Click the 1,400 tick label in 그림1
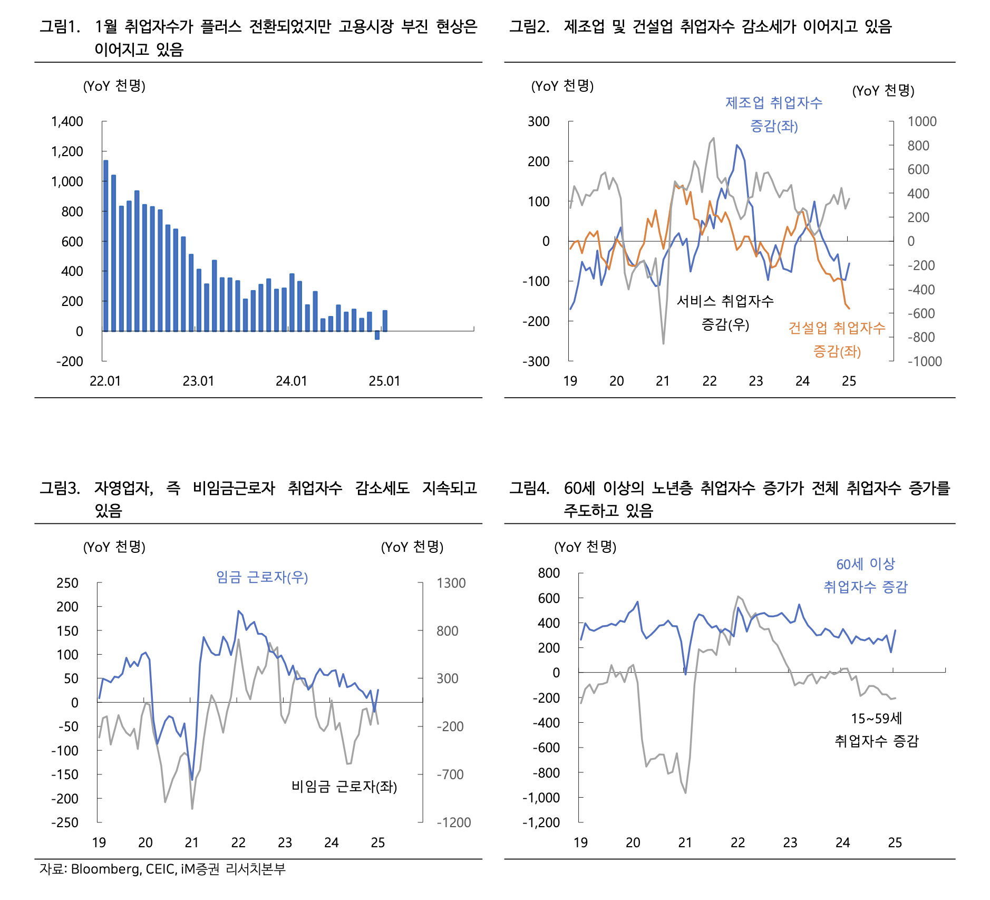[67, 122]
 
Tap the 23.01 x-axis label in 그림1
[198, 381]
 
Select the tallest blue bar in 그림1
[106, 245]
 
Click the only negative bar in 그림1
[377, 335]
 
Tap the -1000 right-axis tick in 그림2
[924, 361]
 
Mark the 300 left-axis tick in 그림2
[539, 122]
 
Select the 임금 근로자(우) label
[262, 577]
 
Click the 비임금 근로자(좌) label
[344, 787]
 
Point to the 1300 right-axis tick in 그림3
[451, 583]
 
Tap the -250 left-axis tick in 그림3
[65, 822]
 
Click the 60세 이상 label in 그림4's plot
[866, 564]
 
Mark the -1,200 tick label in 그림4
[541, 822]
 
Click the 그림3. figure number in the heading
[60, 488]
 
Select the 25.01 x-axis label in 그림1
[384, 381]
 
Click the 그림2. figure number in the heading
[529, 26]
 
